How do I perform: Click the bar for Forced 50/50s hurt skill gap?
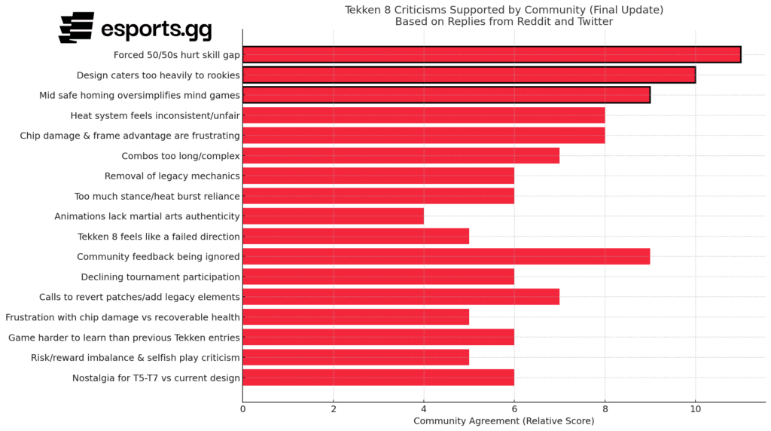(x=492, y=54)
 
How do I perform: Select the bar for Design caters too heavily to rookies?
(x=469, y=75)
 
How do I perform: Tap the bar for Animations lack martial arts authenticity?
(x=333, y=216)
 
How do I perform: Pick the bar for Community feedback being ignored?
(x=446, y=256)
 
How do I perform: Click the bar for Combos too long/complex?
(x=401, y=156)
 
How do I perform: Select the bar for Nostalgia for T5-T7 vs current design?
(x=378, y=378)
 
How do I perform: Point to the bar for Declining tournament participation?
(x=378, y=277)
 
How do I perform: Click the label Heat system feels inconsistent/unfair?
(x=155, y=115)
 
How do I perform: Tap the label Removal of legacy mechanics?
(x=172, y=176)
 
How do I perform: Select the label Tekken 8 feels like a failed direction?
(x=159, y=237)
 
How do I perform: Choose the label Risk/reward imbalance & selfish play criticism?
(x=136, y=357)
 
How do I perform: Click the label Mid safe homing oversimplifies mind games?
(x=139, y=95)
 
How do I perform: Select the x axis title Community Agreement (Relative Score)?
(x=504, y=420)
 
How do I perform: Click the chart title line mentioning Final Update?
(x=504, y=10)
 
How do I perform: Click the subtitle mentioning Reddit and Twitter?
(x=504, y=21)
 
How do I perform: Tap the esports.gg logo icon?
(x=77, y=27)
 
